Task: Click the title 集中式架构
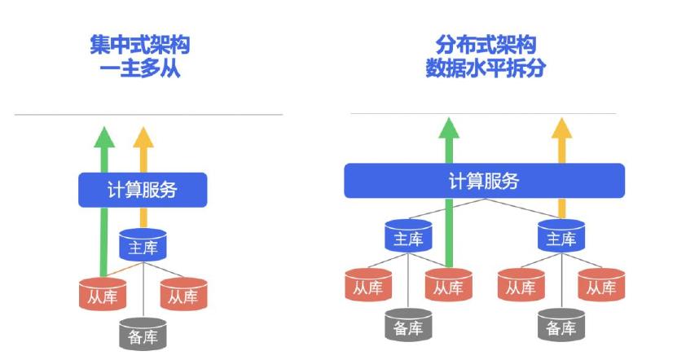tap(144, 45)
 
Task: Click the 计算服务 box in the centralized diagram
tap(143, 190)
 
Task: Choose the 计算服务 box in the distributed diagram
tap(484, 181)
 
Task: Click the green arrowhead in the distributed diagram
tap(448, 128)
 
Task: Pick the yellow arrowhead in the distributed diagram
tap(561, 128)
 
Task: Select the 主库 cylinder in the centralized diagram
tap(143, 246)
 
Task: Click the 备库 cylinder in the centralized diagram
tap(143, 335)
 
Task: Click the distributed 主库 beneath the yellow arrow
tap(561, 238)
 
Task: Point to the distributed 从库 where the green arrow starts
tap(448, 287)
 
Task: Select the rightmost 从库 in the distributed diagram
tap(600, 287)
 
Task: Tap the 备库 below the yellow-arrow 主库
tap(561, 327)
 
